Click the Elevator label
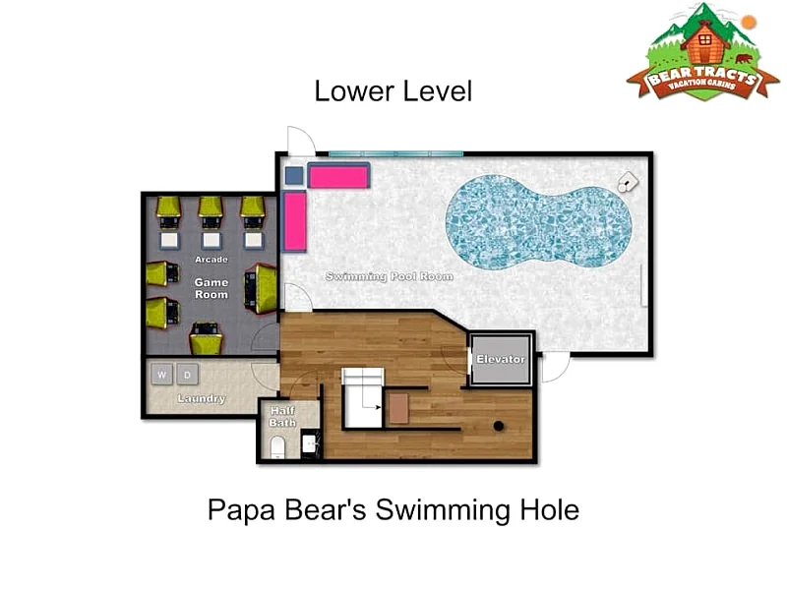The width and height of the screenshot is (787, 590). [x=501, y=359]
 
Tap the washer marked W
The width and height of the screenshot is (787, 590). [x=161, y=375]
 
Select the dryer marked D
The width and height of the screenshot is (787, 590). [x=187, y=375]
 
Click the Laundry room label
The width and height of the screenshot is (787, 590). [x=202, y=398]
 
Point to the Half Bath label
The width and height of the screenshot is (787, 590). [x=282, y=416]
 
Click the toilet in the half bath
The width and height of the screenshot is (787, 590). [x=277, y=447]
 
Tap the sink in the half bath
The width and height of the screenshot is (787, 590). [x=309, y=444]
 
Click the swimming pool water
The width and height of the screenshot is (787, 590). [x=538, y=222]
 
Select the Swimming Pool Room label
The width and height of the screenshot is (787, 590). [x=390, y=276]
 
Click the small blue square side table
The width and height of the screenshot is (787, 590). [x=294, y=176]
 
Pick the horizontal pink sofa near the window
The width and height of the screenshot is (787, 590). [x=338, y=176]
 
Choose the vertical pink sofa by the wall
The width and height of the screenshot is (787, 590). [x=294, y=221]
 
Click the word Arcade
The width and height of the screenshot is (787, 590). [x=212, y=260]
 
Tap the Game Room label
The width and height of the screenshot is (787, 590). [x=212, y=288]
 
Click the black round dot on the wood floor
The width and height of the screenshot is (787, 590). [x=499, y=426]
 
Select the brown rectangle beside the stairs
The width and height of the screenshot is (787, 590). [x=399, y=408]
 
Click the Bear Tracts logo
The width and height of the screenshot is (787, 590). [x=702, y=52]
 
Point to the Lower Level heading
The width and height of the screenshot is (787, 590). [x=393, y=91]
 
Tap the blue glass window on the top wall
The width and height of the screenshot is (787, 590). [x=395, y=153]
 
